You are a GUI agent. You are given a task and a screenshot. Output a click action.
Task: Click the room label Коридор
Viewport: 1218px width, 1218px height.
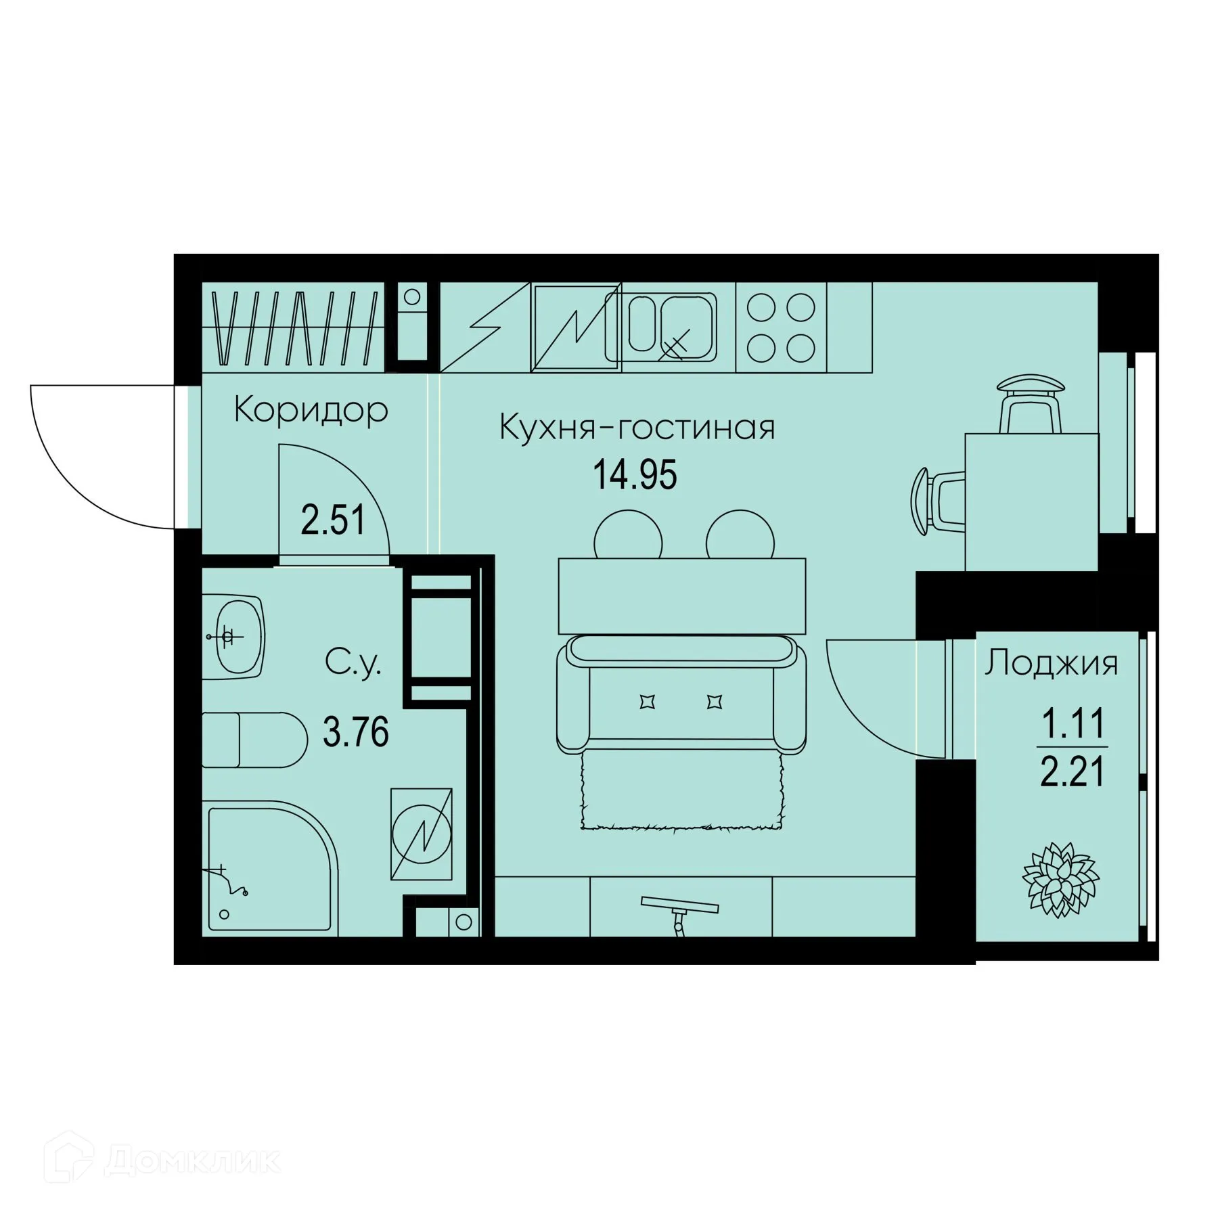[x=311, y=410]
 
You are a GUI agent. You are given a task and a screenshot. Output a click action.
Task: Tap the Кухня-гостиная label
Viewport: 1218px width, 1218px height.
[x=637, y=428]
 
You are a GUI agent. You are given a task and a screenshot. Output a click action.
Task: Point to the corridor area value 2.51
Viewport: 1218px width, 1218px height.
[x=333, y=521]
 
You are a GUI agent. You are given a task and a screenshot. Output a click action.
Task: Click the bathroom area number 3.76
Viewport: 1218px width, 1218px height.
[x=356, y=732]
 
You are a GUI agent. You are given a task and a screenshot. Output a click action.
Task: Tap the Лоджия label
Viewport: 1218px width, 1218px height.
[x=1051, y=664]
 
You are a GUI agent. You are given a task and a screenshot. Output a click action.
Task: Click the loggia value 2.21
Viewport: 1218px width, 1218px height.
[x=1072, y=772]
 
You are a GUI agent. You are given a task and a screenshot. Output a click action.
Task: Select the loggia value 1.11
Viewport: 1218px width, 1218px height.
[x=1072, y=724]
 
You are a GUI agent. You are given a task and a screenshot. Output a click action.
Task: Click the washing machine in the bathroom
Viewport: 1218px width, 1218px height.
[x=421, y=834]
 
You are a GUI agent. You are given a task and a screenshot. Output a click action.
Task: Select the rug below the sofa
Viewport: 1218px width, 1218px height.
[x=680, y=790]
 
